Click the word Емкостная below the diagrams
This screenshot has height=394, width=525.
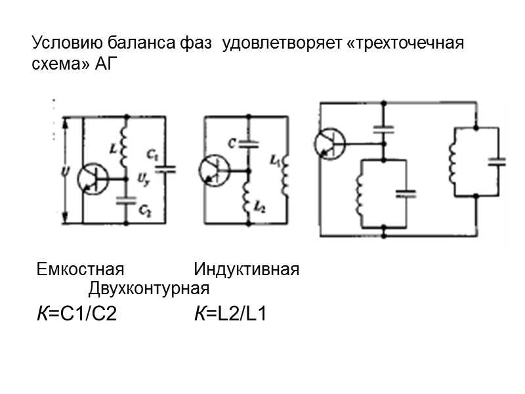coord(81,270)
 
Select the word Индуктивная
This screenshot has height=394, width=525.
coord(247,270)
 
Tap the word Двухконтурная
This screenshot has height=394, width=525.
coord(149,288)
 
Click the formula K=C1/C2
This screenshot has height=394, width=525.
coord(77,314)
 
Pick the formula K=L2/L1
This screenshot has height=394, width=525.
coord(230,314)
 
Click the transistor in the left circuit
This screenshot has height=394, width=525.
coord(91,177)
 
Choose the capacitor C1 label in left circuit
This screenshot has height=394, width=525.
coord(152,156)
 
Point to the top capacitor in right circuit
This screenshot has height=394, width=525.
coord(383,129)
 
